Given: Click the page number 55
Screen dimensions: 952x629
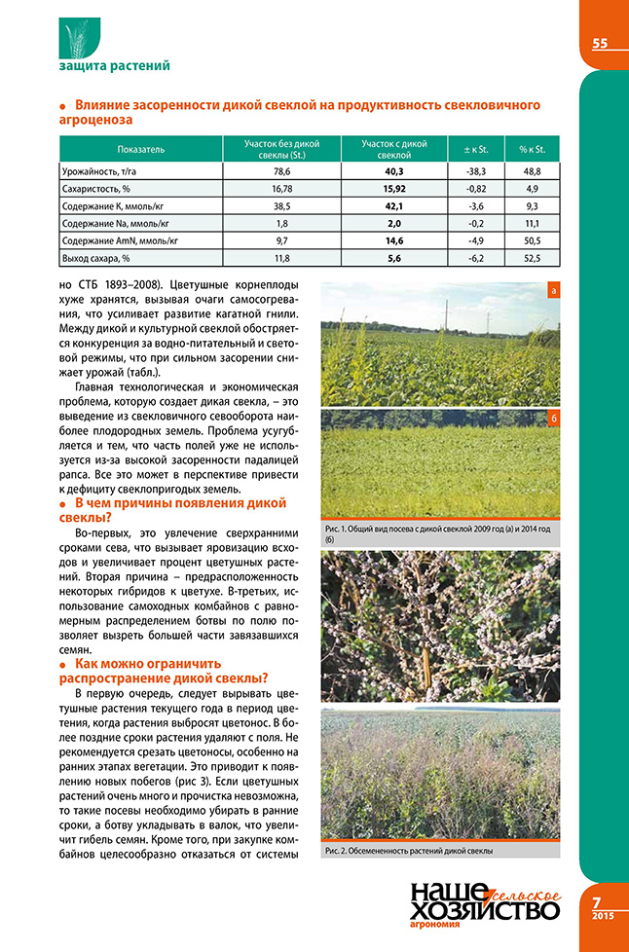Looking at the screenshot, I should (x=600, y=43).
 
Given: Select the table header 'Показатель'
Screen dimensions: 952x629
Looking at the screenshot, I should (x=140, y=150).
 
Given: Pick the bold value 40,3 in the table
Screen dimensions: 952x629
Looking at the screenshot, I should (x=394, y=170).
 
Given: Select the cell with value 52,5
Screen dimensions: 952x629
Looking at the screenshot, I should (x=537, y=258).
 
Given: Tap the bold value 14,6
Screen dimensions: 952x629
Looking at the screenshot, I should (x=394, y=240).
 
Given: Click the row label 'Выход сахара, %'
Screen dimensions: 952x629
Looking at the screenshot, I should (x=95, y=258).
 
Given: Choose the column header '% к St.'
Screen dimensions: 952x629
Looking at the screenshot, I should (x=537, y=150).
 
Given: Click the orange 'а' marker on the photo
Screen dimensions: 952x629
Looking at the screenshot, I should (x=552, y=290).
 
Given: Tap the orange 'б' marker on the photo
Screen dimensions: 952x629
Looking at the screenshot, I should (x=552, y=419).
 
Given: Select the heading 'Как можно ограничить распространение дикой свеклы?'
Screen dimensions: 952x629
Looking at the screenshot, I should (x=165, y=671).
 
